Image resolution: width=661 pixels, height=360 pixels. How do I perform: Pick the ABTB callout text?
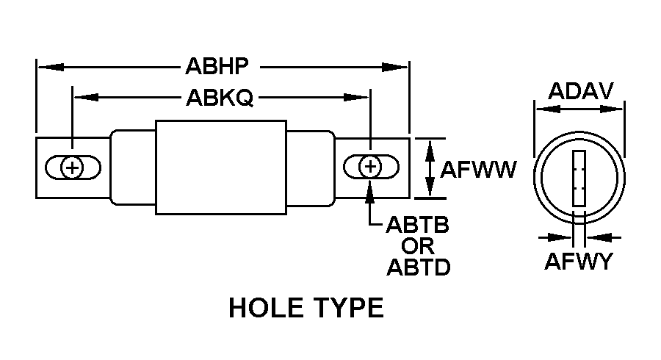coord(418,224)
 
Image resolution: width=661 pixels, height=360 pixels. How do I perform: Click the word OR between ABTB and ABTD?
coord(417,245)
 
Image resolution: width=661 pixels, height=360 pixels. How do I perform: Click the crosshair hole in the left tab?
coord(72,168)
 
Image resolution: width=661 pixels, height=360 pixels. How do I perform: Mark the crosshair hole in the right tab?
coord(371,168)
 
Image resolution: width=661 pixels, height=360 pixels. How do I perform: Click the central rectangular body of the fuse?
coord(220,168)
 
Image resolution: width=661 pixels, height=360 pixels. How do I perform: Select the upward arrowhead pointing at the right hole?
coord(371,189)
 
